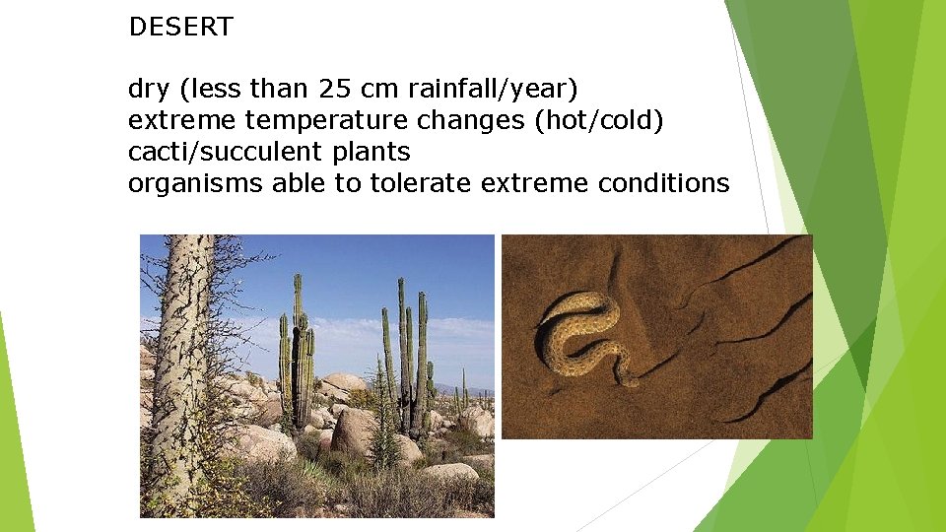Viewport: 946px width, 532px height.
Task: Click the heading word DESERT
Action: coord(180,28)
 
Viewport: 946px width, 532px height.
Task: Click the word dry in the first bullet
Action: coord(149,91)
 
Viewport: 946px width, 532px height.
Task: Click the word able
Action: coord(300,183)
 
